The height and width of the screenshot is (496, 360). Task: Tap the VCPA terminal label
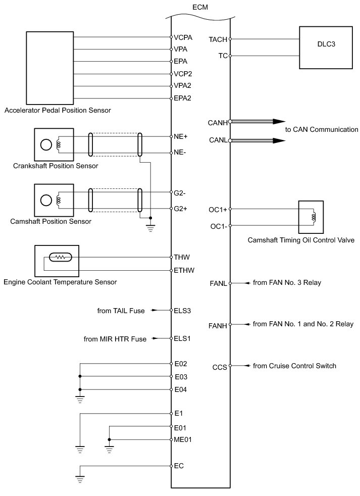[183, 37]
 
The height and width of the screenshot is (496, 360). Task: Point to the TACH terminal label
[218, 39]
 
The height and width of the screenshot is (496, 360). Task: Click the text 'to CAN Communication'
[322, 130]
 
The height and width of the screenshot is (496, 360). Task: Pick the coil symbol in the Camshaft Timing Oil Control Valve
[314, 218]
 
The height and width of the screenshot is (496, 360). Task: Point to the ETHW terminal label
[183, 271]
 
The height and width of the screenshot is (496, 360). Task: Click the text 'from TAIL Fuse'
[121, 311]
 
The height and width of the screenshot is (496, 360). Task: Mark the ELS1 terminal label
[182, 338]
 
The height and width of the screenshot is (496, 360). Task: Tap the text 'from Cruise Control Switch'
[294, 366]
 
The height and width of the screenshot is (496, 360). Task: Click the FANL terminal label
[218, 284]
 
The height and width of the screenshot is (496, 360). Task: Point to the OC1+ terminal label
[218, 209]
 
